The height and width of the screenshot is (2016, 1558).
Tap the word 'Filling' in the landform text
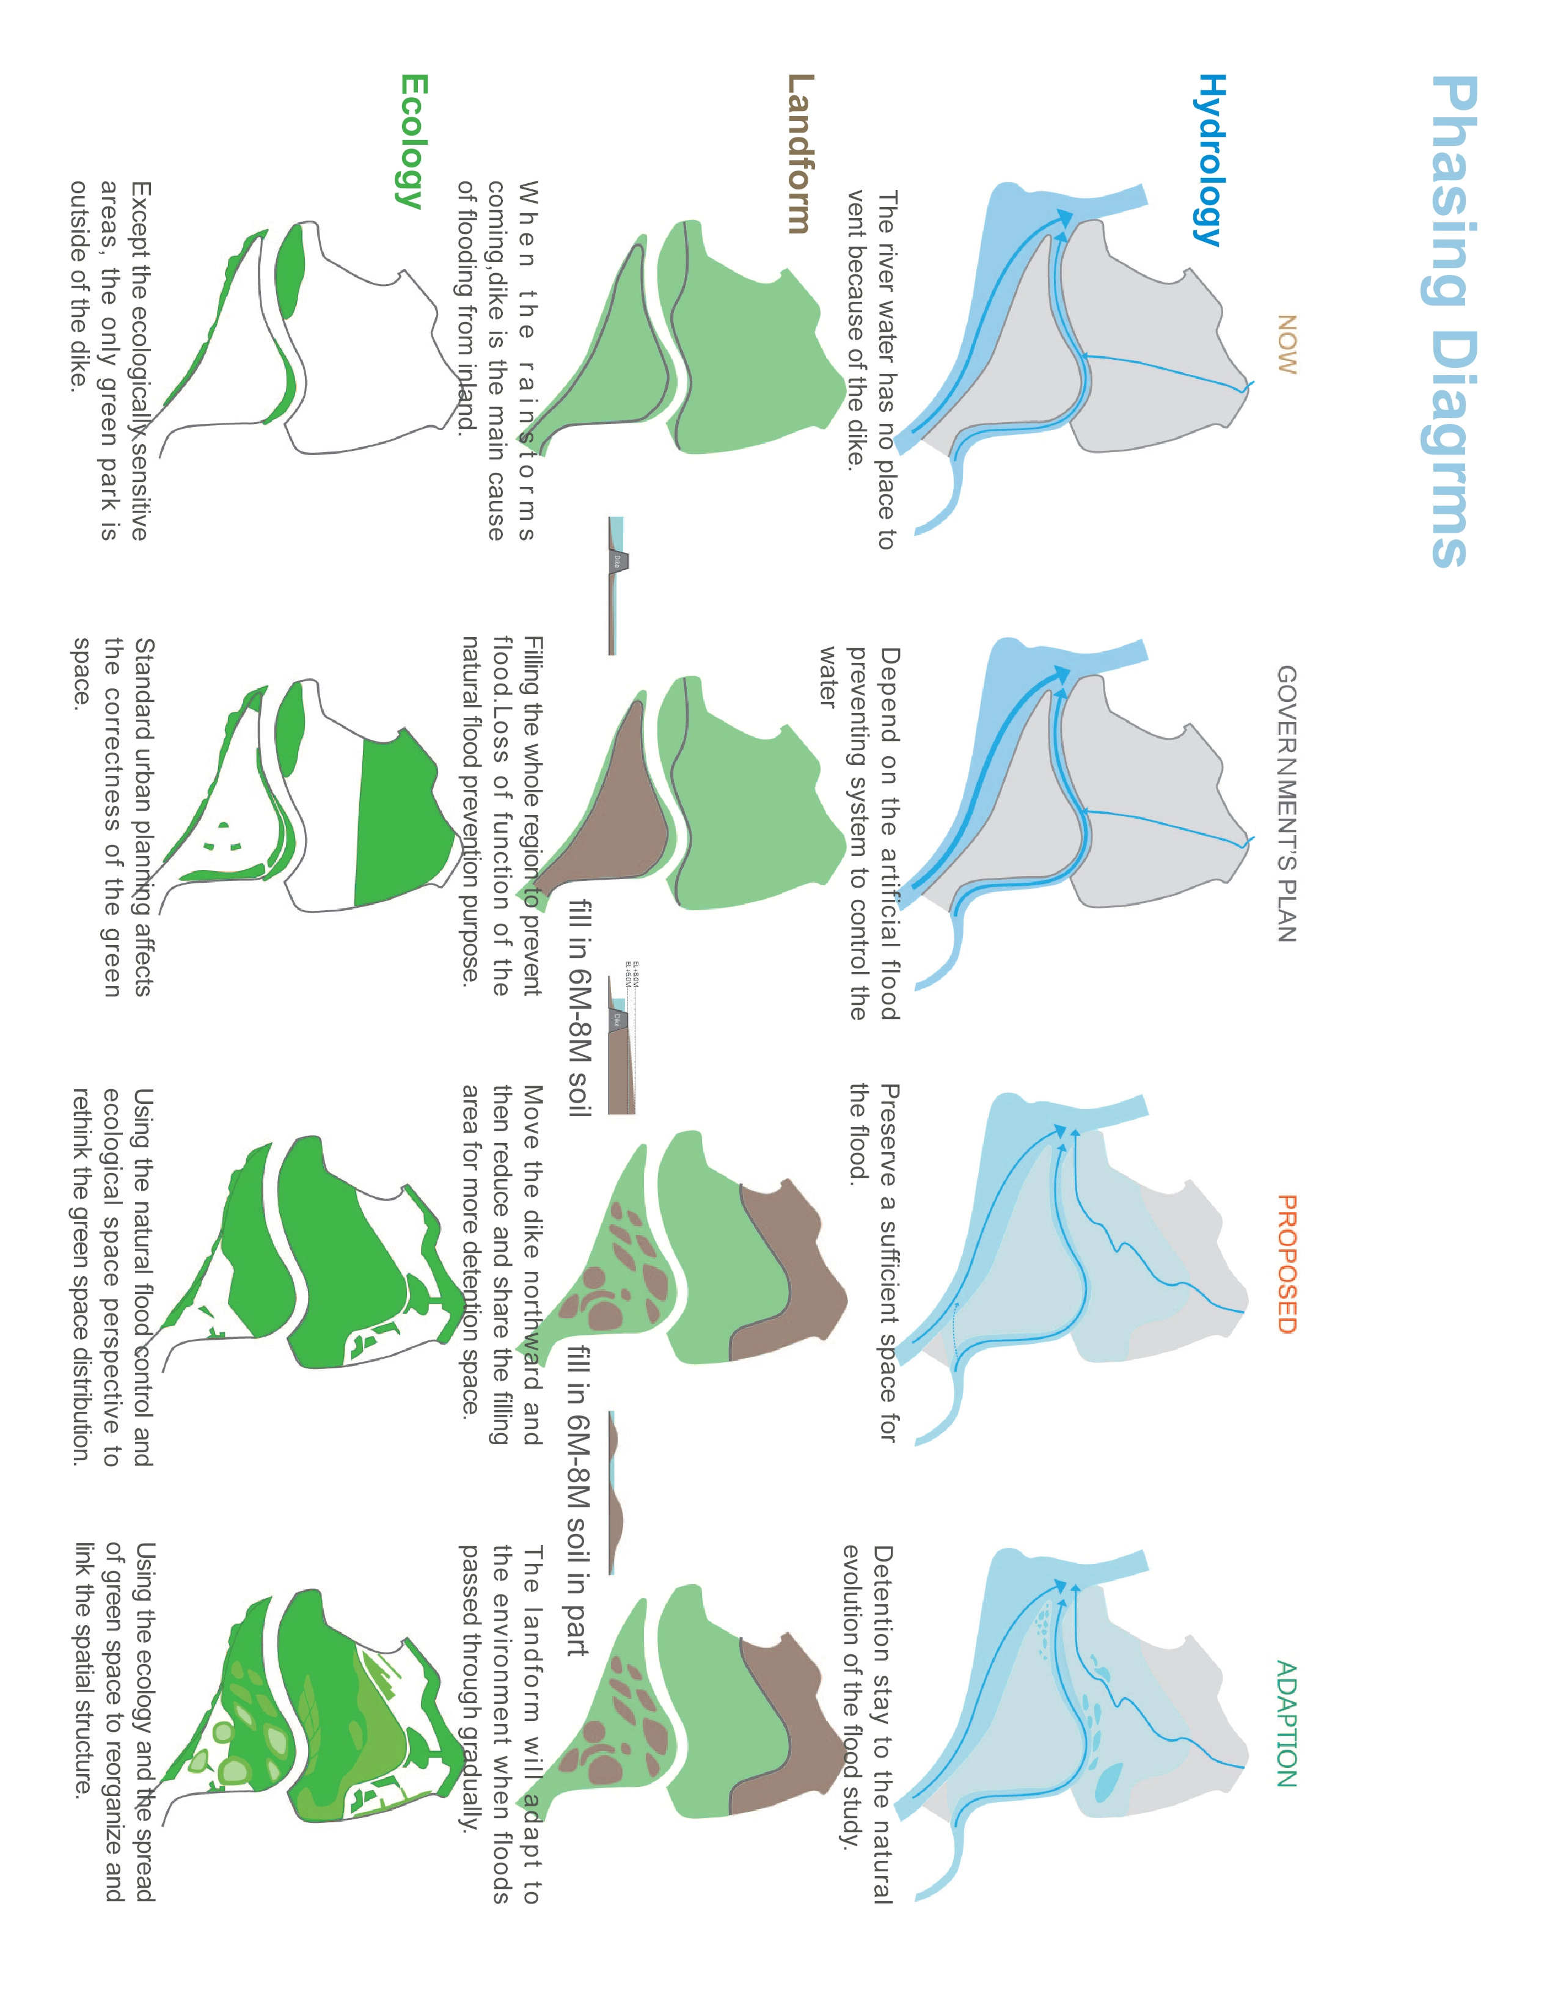533,665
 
